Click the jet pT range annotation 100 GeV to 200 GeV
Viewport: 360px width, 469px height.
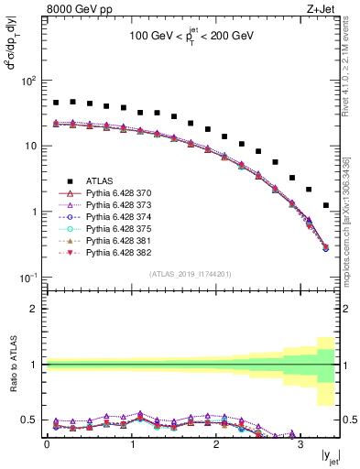191,37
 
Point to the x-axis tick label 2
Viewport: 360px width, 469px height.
215,445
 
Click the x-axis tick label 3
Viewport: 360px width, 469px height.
300,445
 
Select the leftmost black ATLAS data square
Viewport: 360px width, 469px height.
56,103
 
